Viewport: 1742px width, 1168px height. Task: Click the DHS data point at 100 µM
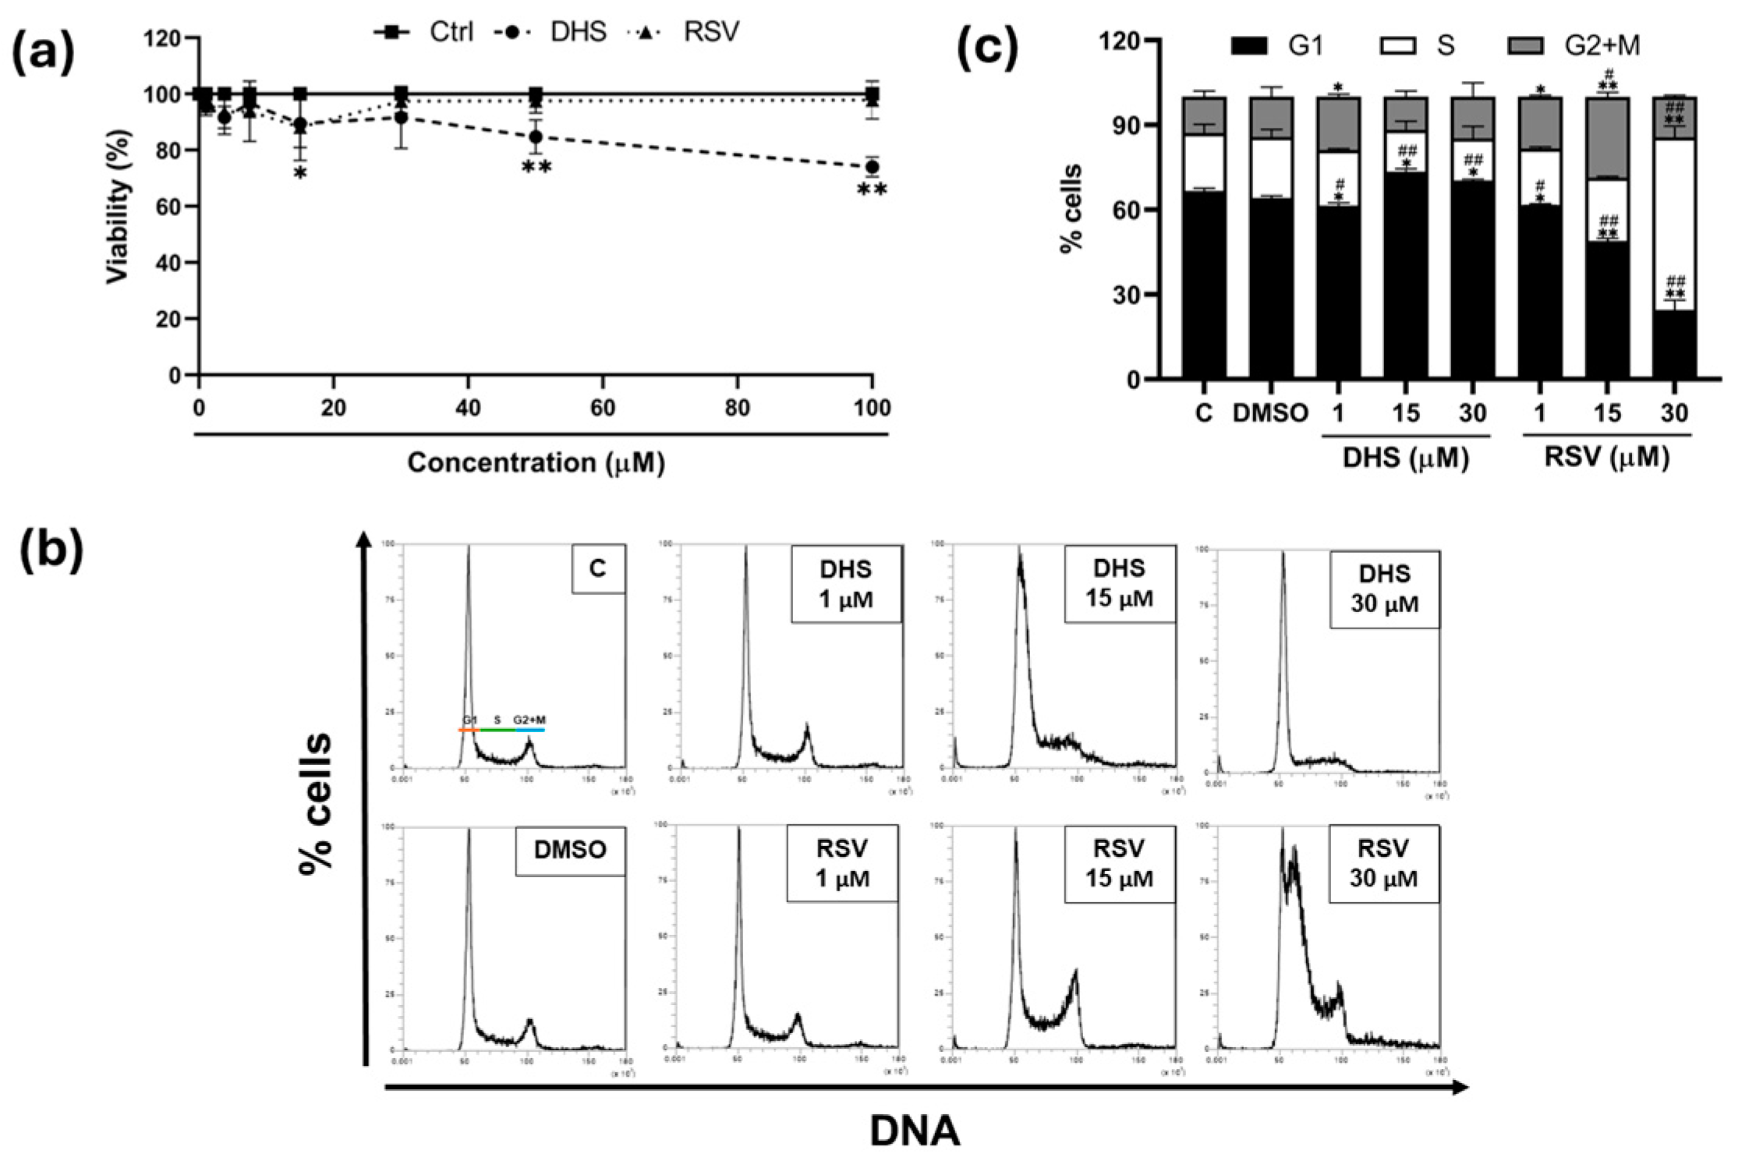(872, 167)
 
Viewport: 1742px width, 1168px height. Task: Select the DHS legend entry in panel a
(552, 32)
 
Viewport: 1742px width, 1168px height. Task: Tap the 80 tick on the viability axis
(170, 150)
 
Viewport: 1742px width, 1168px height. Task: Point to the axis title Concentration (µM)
(536, 463)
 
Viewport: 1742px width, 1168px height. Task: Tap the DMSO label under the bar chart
(1270, 413)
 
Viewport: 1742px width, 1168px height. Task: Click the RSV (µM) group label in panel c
(1606, 458)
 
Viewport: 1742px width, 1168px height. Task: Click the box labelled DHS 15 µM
(1119, 583)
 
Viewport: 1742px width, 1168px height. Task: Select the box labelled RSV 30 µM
(1383, 863)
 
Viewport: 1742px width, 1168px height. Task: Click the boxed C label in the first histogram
(597, 568)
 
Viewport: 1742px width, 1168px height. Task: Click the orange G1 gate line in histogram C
(468, 731)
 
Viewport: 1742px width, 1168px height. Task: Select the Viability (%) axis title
(119, 207)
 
